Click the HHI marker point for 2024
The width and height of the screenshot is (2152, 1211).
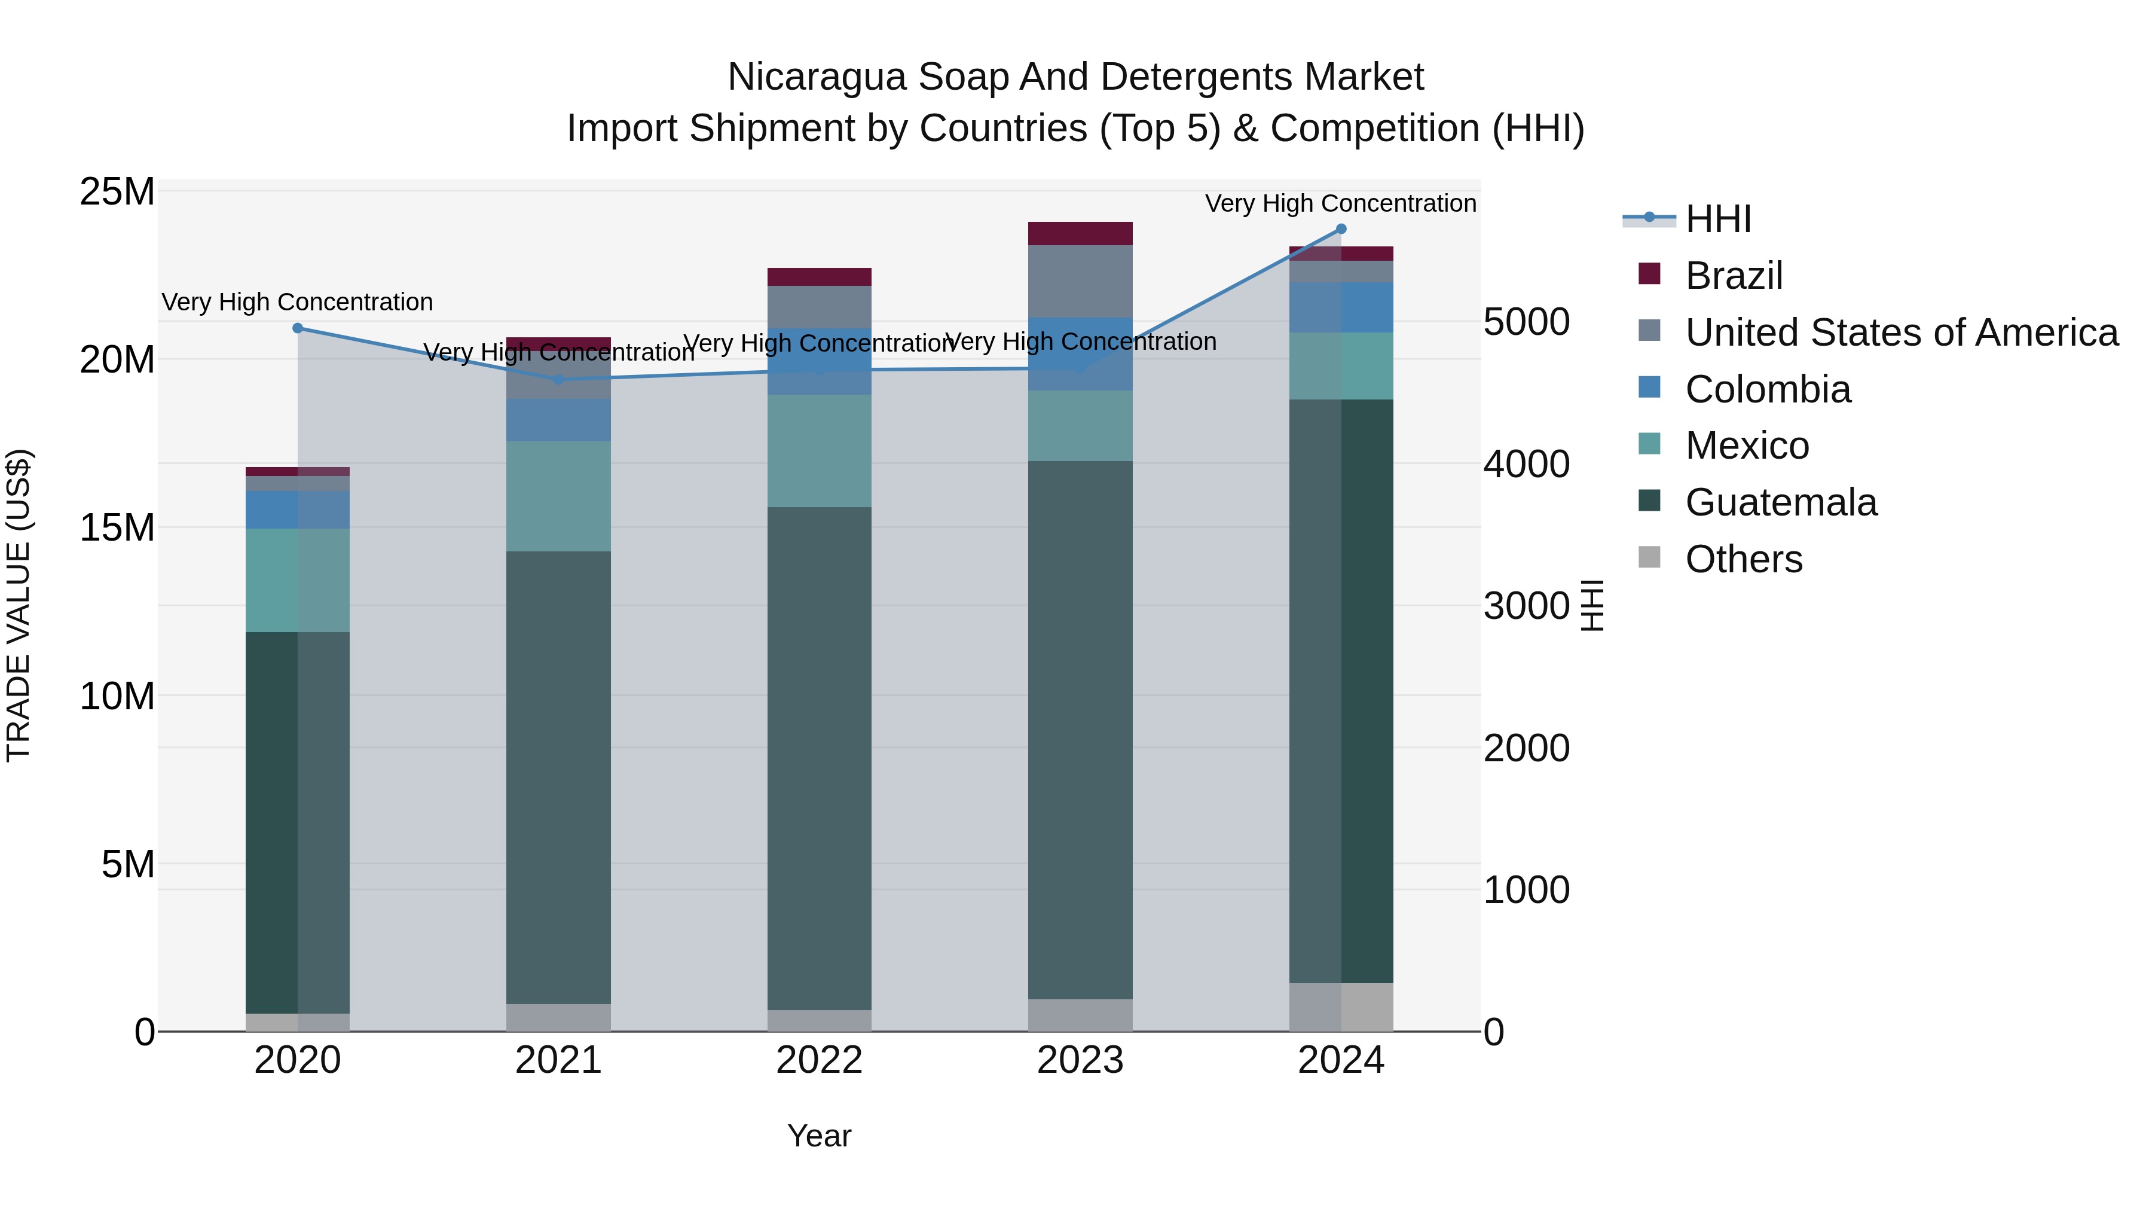1341,229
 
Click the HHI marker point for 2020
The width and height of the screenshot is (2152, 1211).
298,328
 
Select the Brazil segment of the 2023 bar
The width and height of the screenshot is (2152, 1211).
1080,233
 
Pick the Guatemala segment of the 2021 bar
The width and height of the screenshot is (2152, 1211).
558,777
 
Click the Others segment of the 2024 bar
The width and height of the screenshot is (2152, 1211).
1341,1006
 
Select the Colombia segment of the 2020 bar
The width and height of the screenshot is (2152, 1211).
298,509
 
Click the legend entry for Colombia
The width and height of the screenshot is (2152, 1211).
1767,389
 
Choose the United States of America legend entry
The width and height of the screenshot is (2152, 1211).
1900,333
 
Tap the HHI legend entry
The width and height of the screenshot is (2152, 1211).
1717,219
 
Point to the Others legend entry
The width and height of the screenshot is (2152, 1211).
1744,559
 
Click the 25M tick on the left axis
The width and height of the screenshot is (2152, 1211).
117,192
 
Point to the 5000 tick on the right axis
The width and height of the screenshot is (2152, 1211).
1526,322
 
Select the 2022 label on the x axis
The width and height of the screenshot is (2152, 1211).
819,1060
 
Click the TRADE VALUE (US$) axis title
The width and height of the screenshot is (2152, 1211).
19,605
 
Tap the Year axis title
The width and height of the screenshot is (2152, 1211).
819,1136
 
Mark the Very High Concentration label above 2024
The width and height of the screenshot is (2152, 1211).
1340,203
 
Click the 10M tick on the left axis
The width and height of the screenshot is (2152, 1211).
117,696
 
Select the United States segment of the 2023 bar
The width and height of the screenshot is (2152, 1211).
1080,281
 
